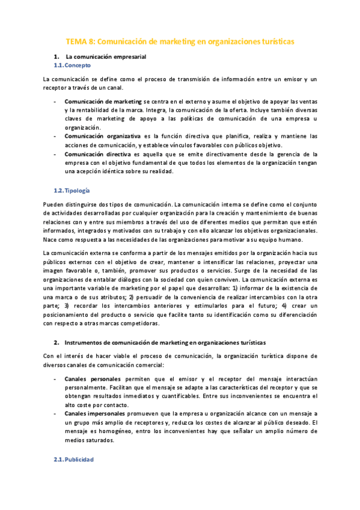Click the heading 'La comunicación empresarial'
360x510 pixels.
pyautogui.click(x=106, y=57)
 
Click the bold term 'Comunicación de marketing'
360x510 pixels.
pyautogui.click(x=103, y=102)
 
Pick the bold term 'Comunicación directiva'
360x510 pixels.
pyautogui.click(x=99, y=154)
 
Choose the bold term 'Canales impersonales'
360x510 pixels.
pyautogui.click(x=95, y=414)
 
